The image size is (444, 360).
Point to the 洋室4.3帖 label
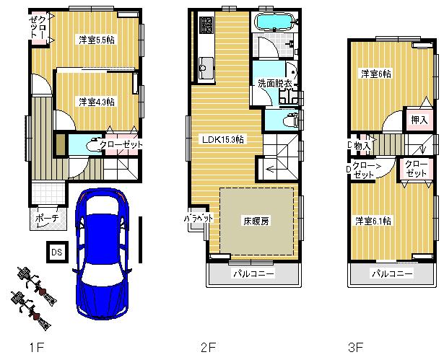[x=97, y=102]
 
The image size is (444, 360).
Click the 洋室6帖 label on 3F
[x=376, y=73]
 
